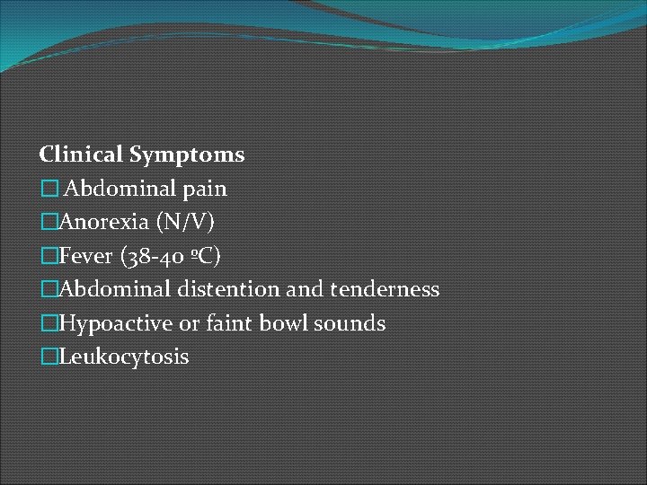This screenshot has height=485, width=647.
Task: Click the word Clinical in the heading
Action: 82,155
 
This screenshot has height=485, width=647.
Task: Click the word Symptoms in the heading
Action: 187,155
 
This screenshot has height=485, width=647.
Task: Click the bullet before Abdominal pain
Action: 49,190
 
